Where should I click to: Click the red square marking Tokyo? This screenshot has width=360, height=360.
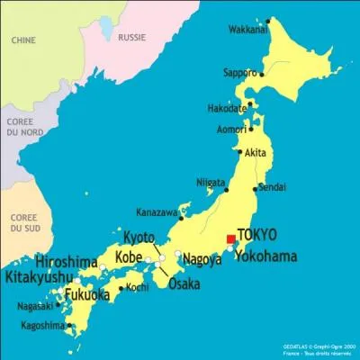(x=230, y=238)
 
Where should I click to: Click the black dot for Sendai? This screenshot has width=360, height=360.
(x=251, y=190)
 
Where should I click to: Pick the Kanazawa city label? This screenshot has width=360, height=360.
(x=157, y=212)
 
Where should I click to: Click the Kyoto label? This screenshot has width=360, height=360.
(x=139, y=238)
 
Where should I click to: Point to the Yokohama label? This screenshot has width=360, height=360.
(x=265, y=256)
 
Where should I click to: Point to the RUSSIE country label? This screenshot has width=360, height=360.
(x=134, y=39)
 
